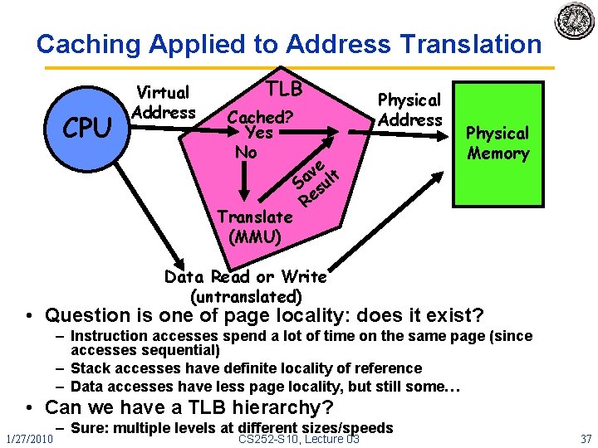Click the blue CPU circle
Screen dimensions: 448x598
87,129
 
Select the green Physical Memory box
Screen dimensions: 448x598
498,143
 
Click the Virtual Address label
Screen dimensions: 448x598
164,102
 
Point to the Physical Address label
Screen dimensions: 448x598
409,110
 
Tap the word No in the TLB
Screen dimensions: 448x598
246,153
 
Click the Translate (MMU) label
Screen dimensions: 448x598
254,226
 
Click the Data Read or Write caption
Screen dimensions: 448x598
246,285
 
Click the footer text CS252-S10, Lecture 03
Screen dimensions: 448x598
299,437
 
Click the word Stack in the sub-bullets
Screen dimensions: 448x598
90,368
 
